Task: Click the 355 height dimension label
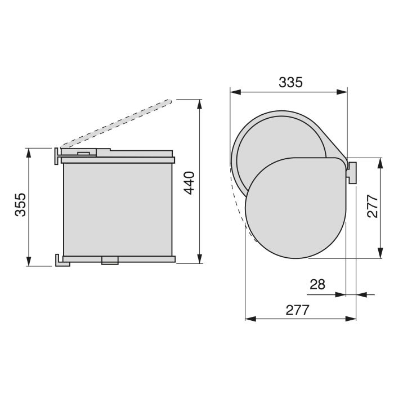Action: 20,206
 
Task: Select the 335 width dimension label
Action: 290,82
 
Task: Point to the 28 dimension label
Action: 318,284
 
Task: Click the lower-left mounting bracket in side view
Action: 60,260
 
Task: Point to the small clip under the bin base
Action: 109,259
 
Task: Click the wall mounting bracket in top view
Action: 352,172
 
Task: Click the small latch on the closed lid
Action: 83,152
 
